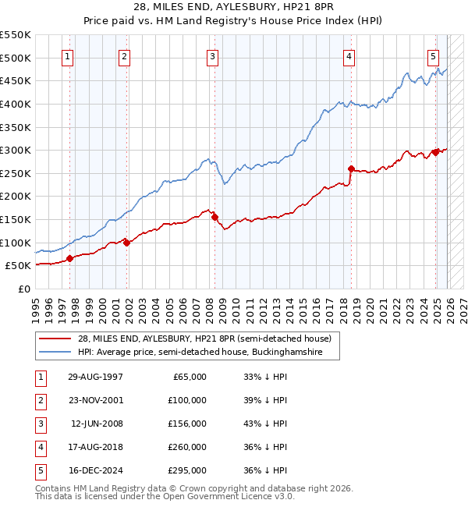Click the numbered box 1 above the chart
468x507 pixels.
[x=69, y=56]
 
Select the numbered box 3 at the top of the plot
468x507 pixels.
[x=212, y=56]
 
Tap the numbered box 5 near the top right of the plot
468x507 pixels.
[x=433, y=56]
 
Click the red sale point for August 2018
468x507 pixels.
[x=351, y=168]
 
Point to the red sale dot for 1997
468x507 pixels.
[x=69, y=258]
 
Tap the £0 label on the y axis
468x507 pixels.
[x=23, y=289]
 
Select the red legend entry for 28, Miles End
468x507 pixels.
[x=205, y=339]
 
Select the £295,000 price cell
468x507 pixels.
[x=187, y=470]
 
